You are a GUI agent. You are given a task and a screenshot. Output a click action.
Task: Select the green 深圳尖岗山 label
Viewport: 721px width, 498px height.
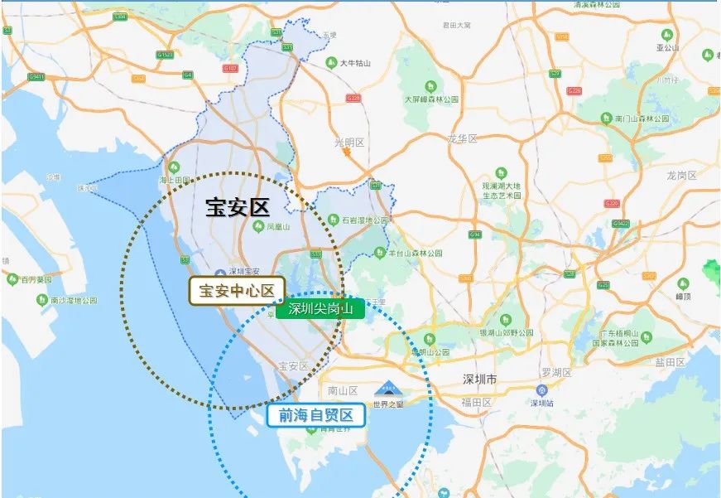(320, 310)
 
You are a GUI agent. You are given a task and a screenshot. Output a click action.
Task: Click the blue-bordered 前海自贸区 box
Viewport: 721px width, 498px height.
(316, 415)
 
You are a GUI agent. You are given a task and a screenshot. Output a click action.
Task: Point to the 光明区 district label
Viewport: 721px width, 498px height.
(349, 143)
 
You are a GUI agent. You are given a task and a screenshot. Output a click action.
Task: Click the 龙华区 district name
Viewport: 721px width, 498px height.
(463, 138)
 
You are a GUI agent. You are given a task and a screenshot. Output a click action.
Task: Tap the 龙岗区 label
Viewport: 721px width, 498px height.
(682, 176)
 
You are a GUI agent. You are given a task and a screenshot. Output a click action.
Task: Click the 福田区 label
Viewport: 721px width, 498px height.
(477, 403)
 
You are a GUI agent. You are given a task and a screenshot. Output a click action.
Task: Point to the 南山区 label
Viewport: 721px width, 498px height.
(342, 389)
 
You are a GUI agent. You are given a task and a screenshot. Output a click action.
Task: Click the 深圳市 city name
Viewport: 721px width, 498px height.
(479, 380)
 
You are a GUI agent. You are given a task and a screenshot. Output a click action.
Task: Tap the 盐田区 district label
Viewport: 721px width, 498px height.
(670, 362)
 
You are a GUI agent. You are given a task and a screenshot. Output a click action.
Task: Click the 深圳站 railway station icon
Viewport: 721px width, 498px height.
(542, 389)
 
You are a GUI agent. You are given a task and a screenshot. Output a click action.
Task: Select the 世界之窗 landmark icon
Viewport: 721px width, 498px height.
(387, 388)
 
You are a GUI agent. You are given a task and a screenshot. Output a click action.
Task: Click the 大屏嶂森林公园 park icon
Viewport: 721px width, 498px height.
(430, 86)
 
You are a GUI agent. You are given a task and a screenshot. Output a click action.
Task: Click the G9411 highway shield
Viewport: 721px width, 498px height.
(36, 76)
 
